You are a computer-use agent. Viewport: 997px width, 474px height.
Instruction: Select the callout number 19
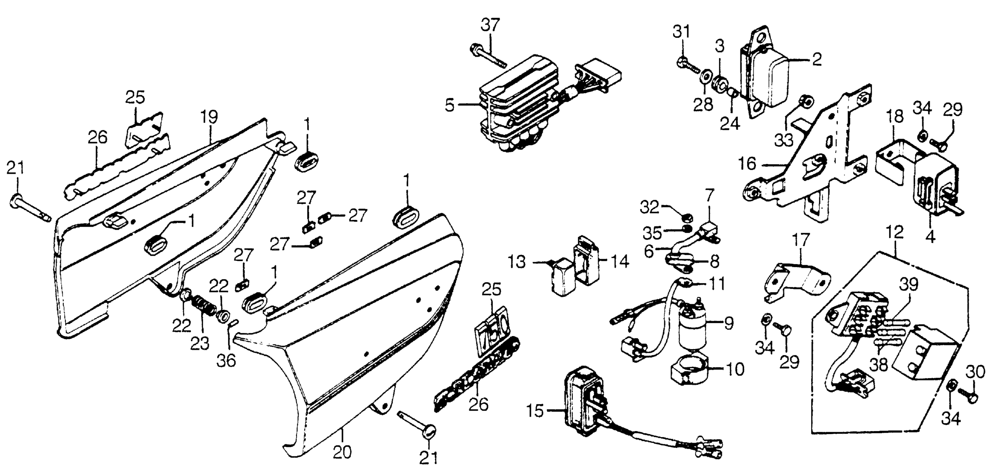tap(209, 117)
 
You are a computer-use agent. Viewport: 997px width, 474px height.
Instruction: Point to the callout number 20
tap(342, 452)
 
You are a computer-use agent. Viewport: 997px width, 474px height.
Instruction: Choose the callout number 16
tap(747, 164)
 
